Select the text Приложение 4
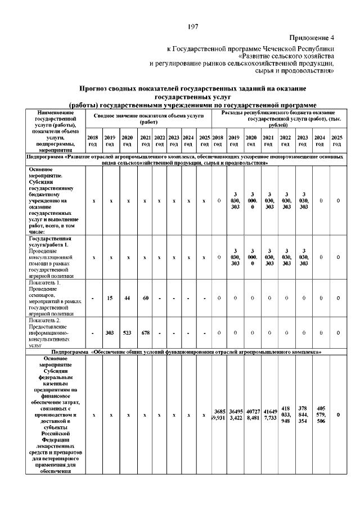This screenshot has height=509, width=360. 312,38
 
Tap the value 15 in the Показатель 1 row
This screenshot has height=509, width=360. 111,298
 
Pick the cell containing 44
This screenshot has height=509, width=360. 128,298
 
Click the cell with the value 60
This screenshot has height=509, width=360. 145,298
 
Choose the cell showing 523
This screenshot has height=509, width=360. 128,332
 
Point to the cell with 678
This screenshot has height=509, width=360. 145,332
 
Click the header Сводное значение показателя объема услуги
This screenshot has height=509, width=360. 148,118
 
